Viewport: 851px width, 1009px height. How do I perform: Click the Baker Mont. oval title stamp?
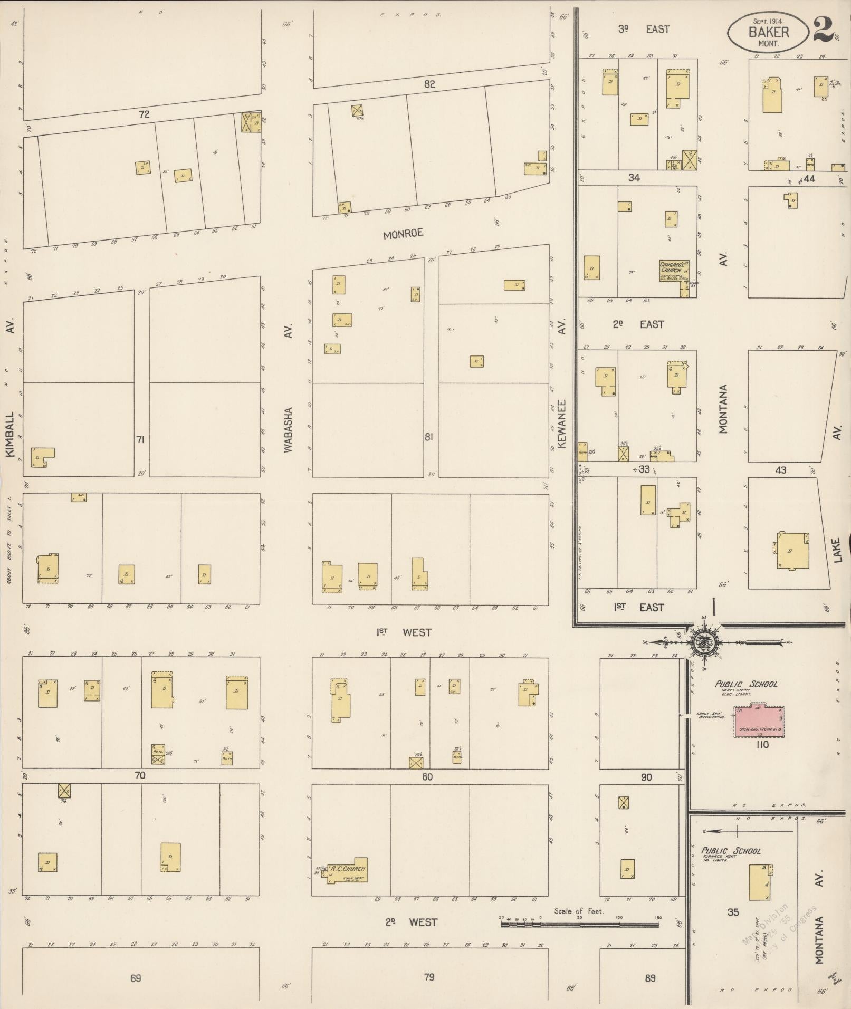pos(769,32)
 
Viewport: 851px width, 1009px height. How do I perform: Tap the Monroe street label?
pos(403,234)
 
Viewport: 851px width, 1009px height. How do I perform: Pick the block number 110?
pos(762,745)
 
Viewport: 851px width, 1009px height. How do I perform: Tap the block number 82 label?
pos(429,84)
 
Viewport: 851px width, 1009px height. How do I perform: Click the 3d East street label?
pos(643,30)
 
